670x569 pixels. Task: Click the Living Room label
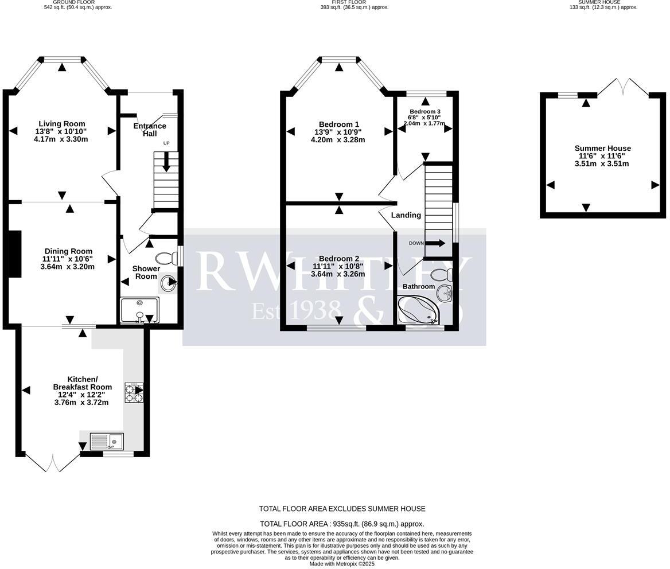click(x=61, y=124)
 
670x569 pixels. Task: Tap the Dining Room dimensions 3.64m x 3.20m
click(x=68, y=267)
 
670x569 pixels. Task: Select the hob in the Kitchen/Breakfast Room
click(x=134, y=392)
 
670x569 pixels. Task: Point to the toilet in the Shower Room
click(x=166, y=259)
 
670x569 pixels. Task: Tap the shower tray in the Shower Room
click(x=139, y=310)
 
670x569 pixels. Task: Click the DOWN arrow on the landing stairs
click(x=434, y=243)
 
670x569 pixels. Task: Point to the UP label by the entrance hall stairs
click(x=166, y=143)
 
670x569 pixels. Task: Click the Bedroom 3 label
click(x=425, y=111)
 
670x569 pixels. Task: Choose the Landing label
click(x=406, y=215)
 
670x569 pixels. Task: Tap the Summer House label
click(x=602, y=149)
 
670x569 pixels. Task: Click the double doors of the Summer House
click(x=623, y=87)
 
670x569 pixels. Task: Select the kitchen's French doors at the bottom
click(x=52, y=462)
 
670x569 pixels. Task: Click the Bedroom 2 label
click(x=339, y=259)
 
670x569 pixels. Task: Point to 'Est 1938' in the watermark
click(x=297, y=310)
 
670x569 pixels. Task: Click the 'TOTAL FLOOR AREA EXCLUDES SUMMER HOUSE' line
click(x=342, y=509)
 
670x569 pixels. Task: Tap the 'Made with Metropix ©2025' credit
click(x=342, y=564)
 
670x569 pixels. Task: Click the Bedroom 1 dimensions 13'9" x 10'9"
click(x=338, y=132)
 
